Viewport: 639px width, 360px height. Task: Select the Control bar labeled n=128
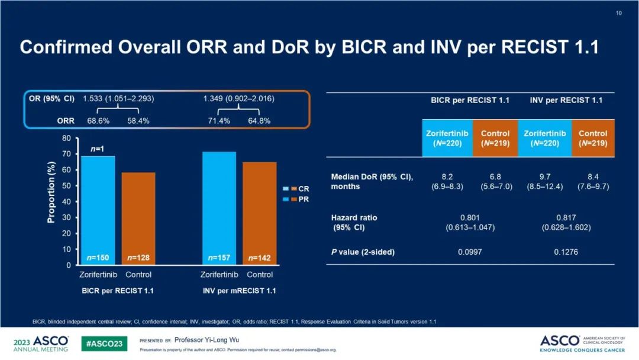138,218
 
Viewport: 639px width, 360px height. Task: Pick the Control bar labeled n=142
259,213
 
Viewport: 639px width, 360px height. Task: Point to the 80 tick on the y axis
67,139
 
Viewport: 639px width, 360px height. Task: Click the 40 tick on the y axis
67,202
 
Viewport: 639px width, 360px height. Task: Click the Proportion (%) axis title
51,194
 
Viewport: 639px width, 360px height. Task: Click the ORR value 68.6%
99,121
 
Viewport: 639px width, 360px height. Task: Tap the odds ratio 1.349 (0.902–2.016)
239,98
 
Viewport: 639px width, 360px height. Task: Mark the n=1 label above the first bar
98,150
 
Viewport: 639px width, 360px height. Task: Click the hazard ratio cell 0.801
470,218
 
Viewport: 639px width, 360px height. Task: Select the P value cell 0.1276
566,252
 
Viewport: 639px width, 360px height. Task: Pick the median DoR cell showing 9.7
544,176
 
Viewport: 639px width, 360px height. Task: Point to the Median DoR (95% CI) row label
372,181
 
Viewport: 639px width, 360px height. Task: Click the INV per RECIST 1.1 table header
566,101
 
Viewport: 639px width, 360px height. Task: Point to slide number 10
619,13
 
